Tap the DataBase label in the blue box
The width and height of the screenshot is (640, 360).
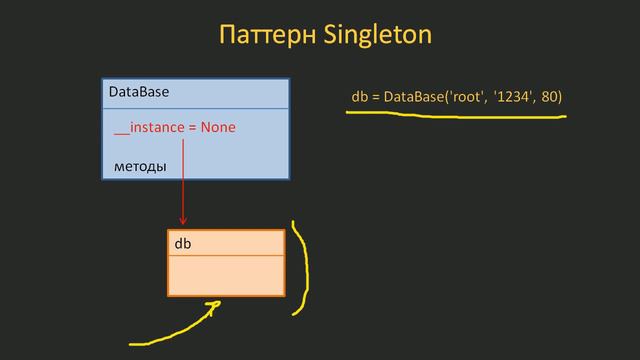coord(138,92)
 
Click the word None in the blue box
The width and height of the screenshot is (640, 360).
coord(218,128)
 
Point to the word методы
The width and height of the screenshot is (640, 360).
coord(139,164)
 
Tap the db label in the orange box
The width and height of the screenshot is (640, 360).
coord(183,243)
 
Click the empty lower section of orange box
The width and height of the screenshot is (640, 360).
coord(225,275)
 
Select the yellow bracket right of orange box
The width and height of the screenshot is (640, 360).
coord(301,268)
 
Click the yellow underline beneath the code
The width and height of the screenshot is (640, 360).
coord(455,113)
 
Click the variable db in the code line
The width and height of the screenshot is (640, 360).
coord(359,96)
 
